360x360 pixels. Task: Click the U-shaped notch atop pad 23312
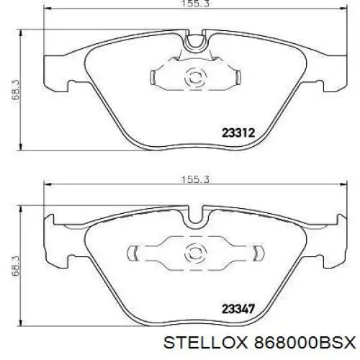point(194,43)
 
